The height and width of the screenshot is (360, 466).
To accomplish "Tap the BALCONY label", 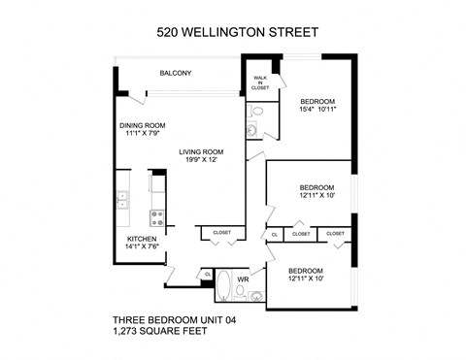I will tap(176, 74).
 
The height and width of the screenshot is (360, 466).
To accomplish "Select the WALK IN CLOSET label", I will tap(260, 82).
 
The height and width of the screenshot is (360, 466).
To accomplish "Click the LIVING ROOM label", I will tap(201, 151).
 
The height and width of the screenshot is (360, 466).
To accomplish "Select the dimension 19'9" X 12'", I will tap(201, 160).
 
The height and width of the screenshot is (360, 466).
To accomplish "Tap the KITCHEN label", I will tap(142, 238).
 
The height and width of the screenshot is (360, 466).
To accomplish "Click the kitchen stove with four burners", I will tap(154, 216).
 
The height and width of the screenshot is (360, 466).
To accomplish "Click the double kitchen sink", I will tap(122, 202).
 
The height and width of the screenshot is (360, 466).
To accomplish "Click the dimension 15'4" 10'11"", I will tap(317, 110).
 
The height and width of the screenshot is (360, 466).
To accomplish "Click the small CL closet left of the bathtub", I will tap(207, 275).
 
